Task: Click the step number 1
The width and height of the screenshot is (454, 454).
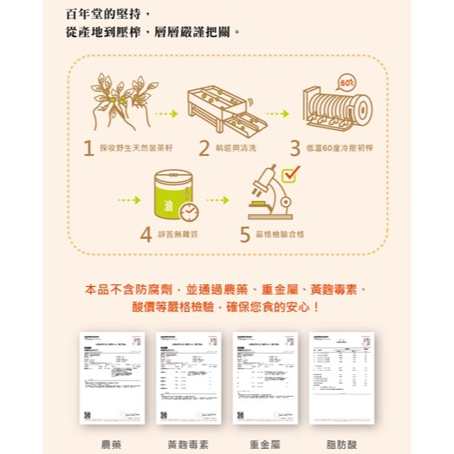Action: pyautogui.click(x=89, y=148)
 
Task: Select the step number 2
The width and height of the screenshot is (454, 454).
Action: pyautogui.click(x=204, y=148)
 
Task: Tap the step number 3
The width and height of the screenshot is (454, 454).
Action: pyautogui.click(x=295, y=148)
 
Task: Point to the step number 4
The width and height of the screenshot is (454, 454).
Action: pyautogui.click(x=146, y=234)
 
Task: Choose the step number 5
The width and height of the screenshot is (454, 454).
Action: pyautogui.click(x=245, y=234)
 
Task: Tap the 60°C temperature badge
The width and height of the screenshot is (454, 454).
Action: pyautogui.click(x=347, y=83)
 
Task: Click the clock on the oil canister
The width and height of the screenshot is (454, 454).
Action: pyautogui.click(x=188, y=211)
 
